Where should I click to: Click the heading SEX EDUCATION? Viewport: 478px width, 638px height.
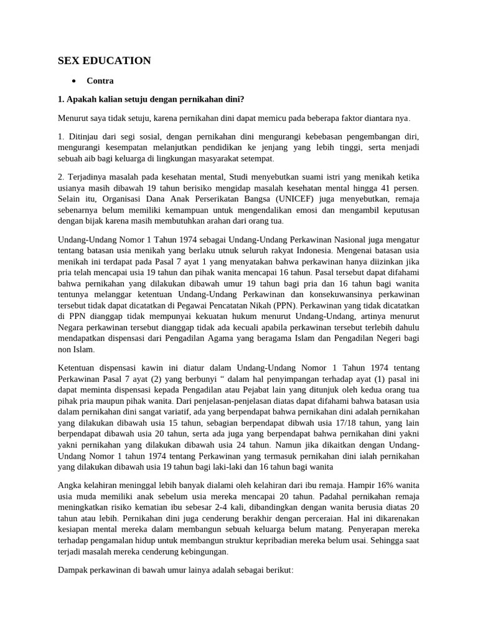[x=105, y=60]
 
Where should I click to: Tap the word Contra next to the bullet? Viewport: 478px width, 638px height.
[x=100, y=80]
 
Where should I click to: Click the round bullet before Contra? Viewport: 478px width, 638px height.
[x=74, y=81]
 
